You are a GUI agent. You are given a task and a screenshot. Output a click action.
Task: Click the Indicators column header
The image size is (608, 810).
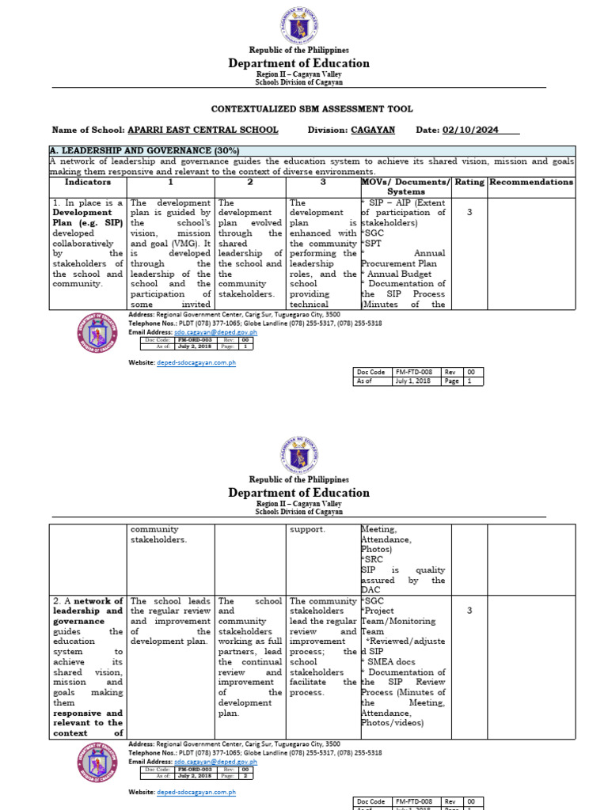click(88, 182)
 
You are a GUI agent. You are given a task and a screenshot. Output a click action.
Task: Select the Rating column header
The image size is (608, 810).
click(469, 182)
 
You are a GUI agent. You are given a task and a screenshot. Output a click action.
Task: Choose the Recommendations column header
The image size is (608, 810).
click(531, 182)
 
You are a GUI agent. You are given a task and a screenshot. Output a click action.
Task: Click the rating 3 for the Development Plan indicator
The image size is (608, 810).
click(469, 212)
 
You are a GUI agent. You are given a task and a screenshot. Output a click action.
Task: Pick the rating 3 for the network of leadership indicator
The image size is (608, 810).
click(469, 611)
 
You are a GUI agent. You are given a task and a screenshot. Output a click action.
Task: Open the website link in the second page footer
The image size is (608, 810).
click(195, 792)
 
